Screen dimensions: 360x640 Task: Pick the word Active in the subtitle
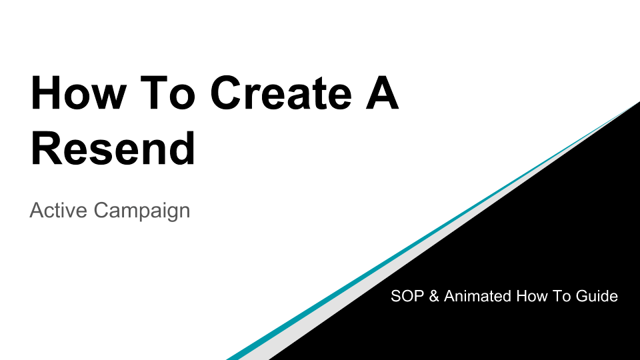[58, 211]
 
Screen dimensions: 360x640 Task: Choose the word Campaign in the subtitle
[141, 211]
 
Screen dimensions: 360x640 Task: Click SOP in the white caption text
[407, 296]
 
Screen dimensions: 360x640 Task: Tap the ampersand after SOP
[433, 296]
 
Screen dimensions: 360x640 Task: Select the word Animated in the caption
[477, 296]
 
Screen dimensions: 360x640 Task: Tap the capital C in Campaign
[100, 211]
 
